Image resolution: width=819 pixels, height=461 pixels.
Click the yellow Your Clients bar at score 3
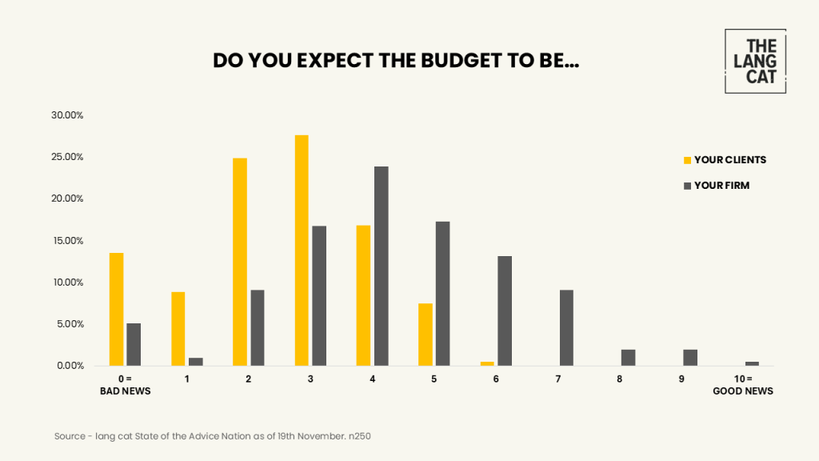click(x=302, y=250)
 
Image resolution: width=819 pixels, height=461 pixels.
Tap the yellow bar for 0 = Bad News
click(x=116, y=309)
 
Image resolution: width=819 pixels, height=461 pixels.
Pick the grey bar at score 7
click(x=566, y=327)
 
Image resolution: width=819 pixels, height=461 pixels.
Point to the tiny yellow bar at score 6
click(x=487, y=363)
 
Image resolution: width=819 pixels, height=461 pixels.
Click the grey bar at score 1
click(x=196, y=362)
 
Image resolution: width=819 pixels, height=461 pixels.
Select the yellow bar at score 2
click(x=240, y=262)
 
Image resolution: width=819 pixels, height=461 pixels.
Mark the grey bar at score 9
click(x=690, y=358)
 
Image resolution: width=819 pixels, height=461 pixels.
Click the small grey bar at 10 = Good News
click(x=752, y=363)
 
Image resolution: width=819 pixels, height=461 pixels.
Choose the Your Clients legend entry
click(x=725, y=160)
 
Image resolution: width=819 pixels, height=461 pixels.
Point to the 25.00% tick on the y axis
click(x=67, y=157)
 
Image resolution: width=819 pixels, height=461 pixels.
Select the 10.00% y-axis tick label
click(x=67, y=283)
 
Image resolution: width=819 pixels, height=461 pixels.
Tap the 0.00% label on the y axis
click(x=69, y=366)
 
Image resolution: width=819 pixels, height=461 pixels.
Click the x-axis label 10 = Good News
click(x=743, y=384)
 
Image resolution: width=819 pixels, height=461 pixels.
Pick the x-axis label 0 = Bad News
click(x=125, y=384)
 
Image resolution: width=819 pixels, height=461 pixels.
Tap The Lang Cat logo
click(x=755, y=61)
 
